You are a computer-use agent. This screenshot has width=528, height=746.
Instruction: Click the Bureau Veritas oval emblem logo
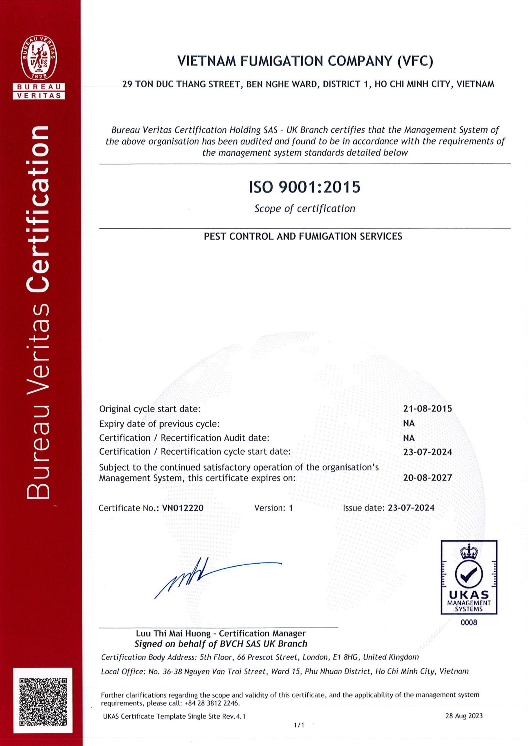[x=39, y=58]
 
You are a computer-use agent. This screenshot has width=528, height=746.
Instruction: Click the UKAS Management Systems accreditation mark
[x=469, y=577]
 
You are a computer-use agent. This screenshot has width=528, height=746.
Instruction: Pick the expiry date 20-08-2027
[x=428, y=478]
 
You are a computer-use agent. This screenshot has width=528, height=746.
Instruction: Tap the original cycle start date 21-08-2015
[x=428, y=408]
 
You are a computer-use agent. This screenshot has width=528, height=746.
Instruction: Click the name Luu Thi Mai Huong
[x=173, y=633]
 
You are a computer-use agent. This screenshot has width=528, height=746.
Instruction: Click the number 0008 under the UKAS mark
[x=469, y=622]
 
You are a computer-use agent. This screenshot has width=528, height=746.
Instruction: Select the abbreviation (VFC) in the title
[x=415, y=61]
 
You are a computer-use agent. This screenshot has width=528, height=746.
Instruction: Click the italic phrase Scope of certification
[x=305, y=208]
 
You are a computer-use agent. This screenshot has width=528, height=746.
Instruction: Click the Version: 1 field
[x=273, y=508]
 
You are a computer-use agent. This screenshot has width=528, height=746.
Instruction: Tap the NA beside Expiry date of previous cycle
[x=409, y=423]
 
